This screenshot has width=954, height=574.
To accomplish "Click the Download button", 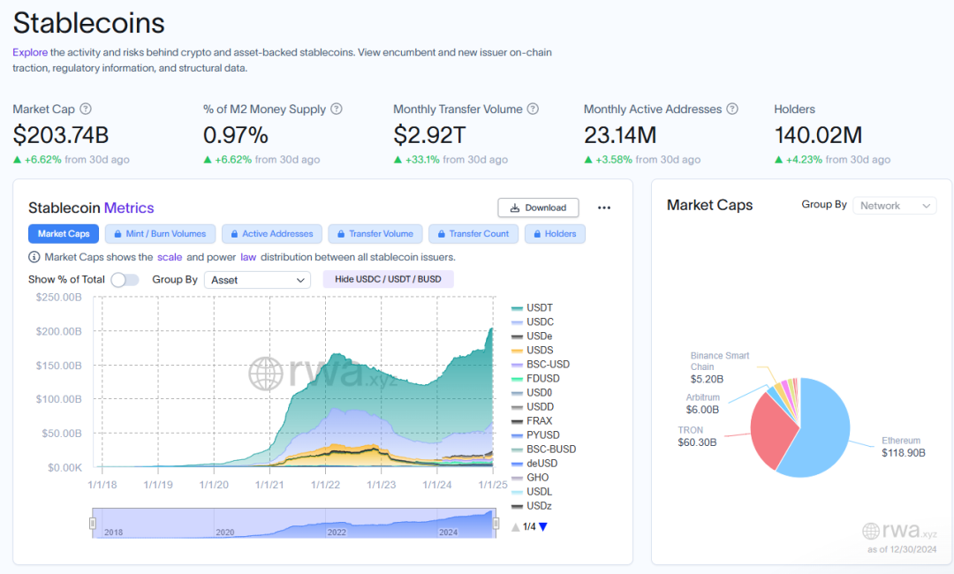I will click(x=538, y=208).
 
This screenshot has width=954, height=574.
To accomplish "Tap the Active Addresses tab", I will click(x=270, y=234).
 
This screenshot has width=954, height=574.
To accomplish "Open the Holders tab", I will click(x=555, y=234).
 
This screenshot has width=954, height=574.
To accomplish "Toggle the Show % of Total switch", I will click(x=125, y=280).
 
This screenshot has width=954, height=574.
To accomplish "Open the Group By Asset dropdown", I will click(x=257, y=280).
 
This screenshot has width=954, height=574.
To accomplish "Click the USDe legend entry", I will click(x=539, y=336).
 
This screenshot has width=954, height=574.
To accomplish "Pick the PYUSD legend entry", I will click(x=542, y=434).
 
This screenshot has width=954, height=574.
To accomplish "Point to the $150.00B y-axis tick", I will click(x=59, y=366).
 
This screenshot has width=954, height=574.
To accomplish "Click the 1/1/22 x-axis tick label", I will click(x=325, y=484).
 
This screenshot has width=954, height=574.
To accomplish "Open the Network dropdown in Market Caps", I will click(x=893, y=205).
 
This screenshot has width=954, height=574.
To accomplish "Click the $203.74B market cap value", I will click(x=60, y=135).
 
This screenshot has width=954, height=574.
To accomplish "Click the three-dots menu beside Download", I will click(x=604, y=208).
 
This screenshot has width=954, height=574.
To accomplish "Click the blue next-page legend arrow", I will click(x=542, y=527).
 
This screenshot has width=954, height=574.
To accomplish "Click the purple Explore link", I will click(x=30, y=52).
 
